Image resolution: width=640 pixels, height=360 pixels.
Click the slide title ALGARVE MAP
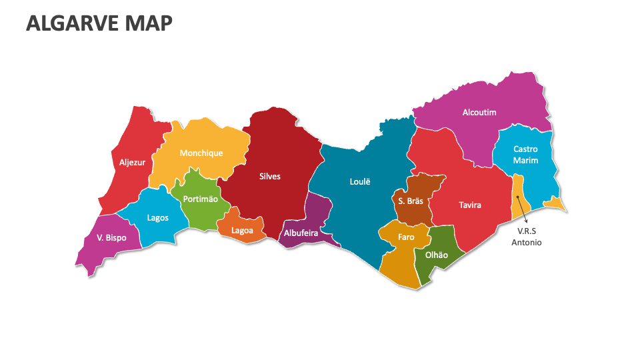tap(99, 23)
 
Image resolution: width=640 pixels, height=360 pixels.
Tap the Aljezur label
tap(132, 162)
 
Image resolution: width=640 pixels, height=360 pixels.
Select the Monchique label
tap(201, 153)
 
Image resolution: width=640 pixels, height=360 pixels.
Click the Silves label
tap(270, 177)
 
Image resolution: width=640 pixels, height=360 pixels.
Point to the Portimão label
tap(201, 199)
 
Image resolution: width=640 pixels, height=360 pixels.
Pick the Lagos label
tap(157, 217)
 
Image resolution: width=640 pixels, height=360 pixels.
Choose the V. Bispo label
tap(111, 237)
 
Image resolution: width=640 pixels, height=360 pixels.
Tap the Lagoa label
tap(242, 231)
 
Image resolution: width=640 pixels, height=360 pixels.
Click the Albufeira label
tap(301, 233)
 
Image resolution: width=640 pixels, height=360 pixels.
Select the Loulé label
tap(360, 181)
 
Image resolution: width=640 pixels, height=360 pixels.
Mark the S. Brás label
tap(411, 201)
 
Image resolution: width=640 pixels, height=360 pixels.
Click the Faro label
tap(406, 237)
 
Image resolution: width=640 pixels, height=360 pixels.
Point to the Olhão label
tap(437, 254)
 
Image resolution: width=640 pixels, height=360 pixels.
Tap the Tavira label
tap(470, 205)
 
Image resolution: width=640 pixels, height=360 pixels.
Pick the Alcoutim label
tap(479, 113)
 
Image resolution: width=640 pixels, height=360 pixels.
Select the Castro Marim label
tap(525, 155)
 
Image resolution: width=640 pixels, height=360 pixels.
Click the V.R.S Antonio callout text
tap(527, 237)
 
